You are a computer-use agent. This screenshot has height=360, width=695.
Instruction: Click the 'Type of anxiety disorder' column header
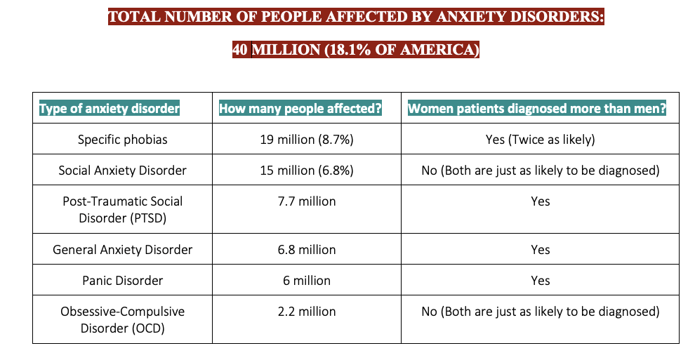tap(110, 109)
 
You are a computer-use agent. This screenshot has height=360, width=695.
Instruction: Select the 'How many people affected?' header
tap(300, 109)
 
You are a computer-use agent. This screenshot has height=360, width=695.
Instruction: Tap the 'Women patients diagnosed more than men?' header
tap(536, 109)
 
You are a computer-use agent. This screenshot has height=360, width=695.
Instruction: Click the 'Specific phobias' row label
tap(123, 140)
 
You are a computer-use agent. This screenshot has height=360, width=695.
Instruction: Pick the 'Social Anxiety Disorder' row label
tap(123, 171)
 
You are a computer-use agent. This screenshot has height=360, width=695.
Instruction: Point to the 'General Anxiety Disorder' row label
tap(123, 250)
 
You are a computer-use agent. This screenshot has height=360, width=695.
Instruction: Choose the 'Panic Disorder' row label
tap(123, 281)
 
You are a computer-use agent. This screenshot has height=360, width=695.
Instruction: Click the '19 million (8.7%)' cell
tap(307, 140)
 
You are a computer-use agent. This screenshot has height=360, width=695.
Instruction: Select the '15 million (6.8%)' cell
tap(307, 171)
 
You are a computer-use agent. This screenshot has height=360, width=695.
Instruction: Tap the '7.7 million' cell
tap(307, 201)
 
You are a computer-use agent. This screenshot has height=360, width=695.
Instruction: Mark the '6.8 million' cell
tap(307, 250)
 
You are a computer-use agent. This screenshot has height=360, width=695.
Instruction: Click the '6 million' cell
tap(307, 281)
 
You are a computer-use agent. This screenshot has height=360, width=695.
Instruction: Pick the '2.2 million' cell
tap(307, 312)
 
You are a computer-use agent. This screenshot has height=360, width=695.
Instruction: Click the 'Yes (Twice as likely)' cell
tap(540, 140)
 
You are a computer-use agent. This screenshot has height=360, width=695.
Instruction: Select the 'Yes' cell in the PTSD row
tap(540, 201)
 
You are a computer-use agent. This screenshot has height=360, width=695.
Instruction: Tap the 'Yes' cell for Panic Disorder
tap(540, 281)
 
